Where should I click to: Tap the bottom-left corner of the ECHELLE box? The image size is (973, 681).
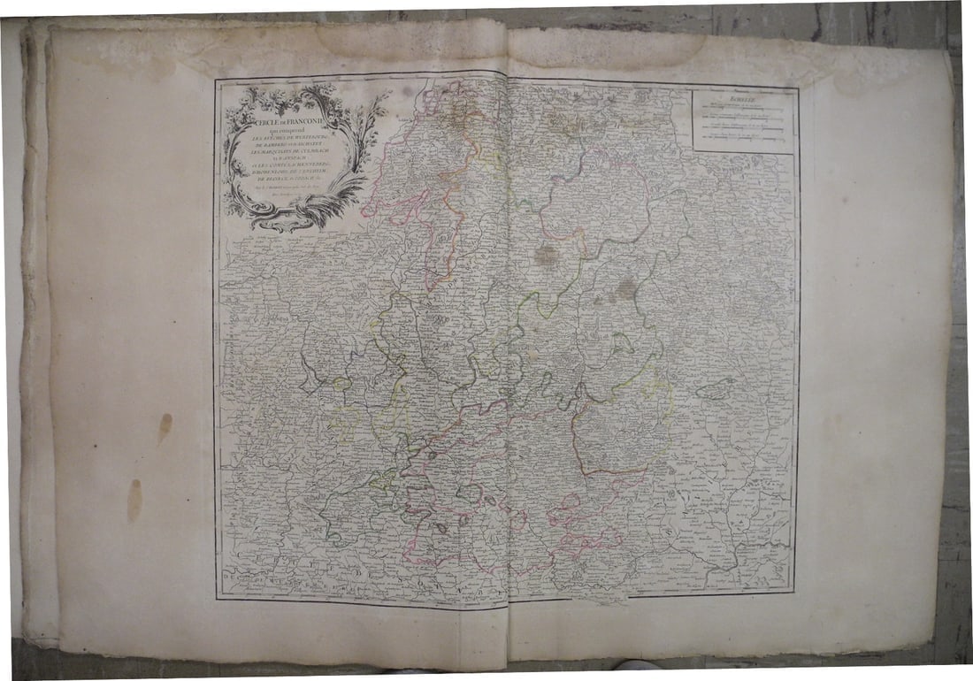(693, 151)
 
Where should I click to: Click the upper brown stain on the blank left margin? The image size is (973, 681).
(165, 427)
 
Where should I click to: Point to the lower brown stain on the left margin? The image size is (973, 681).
(134, 500)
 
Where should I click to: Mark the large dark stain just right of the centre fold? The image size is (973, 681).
(548, 256)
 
